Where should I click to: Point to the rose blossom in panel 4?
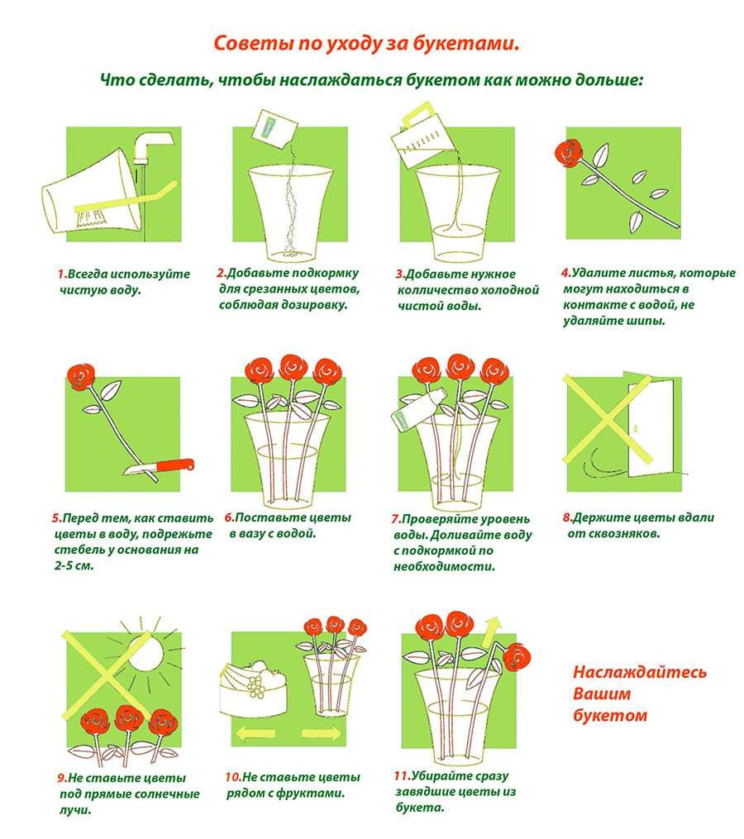point(569,152)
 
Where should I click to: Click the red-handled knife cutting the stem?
point(159,468)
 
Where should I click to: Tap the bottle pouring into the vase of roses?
point(419,409)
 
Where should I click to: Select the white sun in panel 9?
point(145,650)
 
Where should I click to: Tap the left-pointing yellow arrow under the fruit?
point(255,733)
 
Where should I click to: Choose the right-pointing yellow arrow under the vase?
point(321,733)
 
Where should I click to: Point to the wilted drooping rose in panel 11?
point(517,656)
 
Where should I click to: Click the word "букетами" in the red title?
point(465,43)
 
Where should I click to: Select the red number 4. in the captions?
point(566,273)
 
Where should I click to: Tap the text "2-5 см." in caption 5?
point(74,565)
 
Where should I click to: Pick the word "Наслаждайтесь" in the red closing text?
point(640,672)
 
